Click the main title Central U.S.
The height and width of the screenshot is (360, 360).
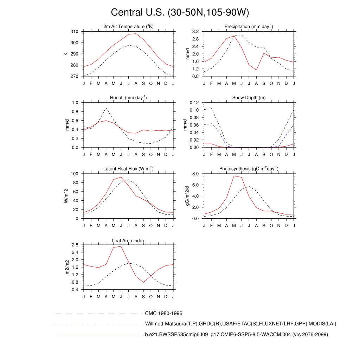point(180,13)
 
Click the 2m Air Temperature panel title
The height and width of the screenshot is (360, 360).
point(128,27)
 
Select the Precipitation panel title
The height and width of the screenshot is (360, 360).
point(249,27)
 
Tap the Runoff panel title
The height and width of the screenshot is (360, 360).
point(128,98)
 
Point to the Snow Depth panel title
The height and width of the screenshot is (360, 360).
point(249,98)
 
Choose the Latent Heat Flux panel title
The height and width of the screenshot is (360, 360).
point(128,169)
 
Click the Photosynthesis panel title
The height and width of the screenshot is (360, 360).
point(249,169)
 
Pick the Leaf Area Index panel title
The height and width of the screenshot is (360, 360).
point(128,240)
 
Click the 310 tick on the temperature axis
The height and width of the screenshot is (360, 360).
point(75,32)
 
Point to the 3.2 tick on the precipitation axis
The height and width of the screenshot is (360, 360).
point(196,32)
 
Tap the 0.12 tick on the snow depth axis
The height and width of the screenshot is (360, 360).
point(194,103)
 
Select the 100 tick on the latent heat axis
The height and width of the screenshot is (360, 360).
point(75,174)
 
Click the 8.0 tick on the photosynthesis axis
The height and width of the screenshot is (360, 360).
point(196,174)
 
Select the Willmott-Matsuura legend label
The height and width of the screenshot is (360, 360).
point(241,323)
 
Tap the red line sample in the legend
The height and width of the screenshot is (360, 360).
point(98,335)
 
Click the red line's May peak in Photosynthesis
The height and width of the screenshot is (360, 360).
point(234,176)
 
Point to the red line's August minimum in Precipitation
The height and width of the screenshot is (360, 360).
point(256,70)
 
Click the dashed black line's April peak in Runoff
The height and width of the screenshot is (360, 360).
point(106,108)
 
